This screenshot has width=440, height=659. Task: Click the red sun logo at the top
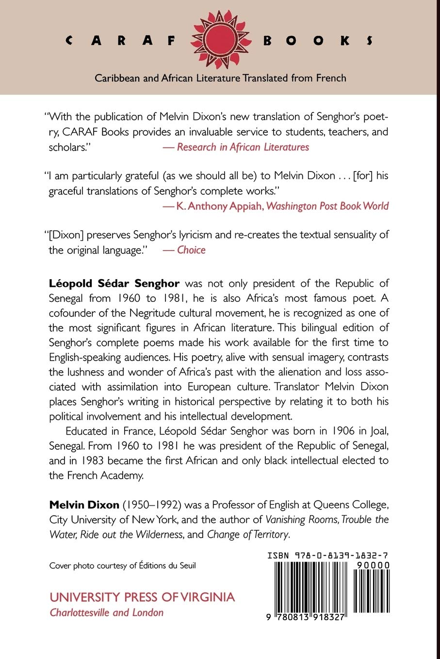(221, 40)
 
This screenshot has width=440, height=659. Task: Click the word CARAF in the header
(121, 41)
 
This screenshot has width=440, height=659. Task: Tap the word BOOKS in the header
(318, 41)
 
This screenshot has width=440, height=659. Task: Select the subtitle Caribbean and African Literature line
(220, 78)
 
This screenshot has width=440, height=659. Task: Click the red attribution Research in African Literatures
(243, 147)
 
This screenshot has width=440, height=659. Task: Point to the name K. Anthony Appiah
(220, 206)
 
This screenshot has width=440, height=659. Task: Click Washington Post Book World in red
(327, 206)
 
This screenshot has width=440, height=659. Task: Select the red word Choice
(191, 250)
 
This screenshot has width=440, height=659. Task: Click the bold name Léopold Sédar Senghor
(114, 283)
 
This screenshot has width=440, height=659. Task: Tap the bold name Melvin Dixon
(84, 505)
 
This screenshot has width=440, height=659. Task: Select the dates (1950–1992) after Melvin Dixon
(151, 505)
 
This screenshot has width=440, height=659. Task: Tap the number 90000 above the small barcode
(372, 565)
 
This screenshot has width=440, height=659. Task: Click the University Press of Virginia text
(142, 597)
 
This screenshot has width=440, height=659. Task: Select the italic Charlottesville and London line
(107, 612)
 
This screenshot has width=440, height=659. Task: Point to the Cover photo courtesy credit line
(123, 565)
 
